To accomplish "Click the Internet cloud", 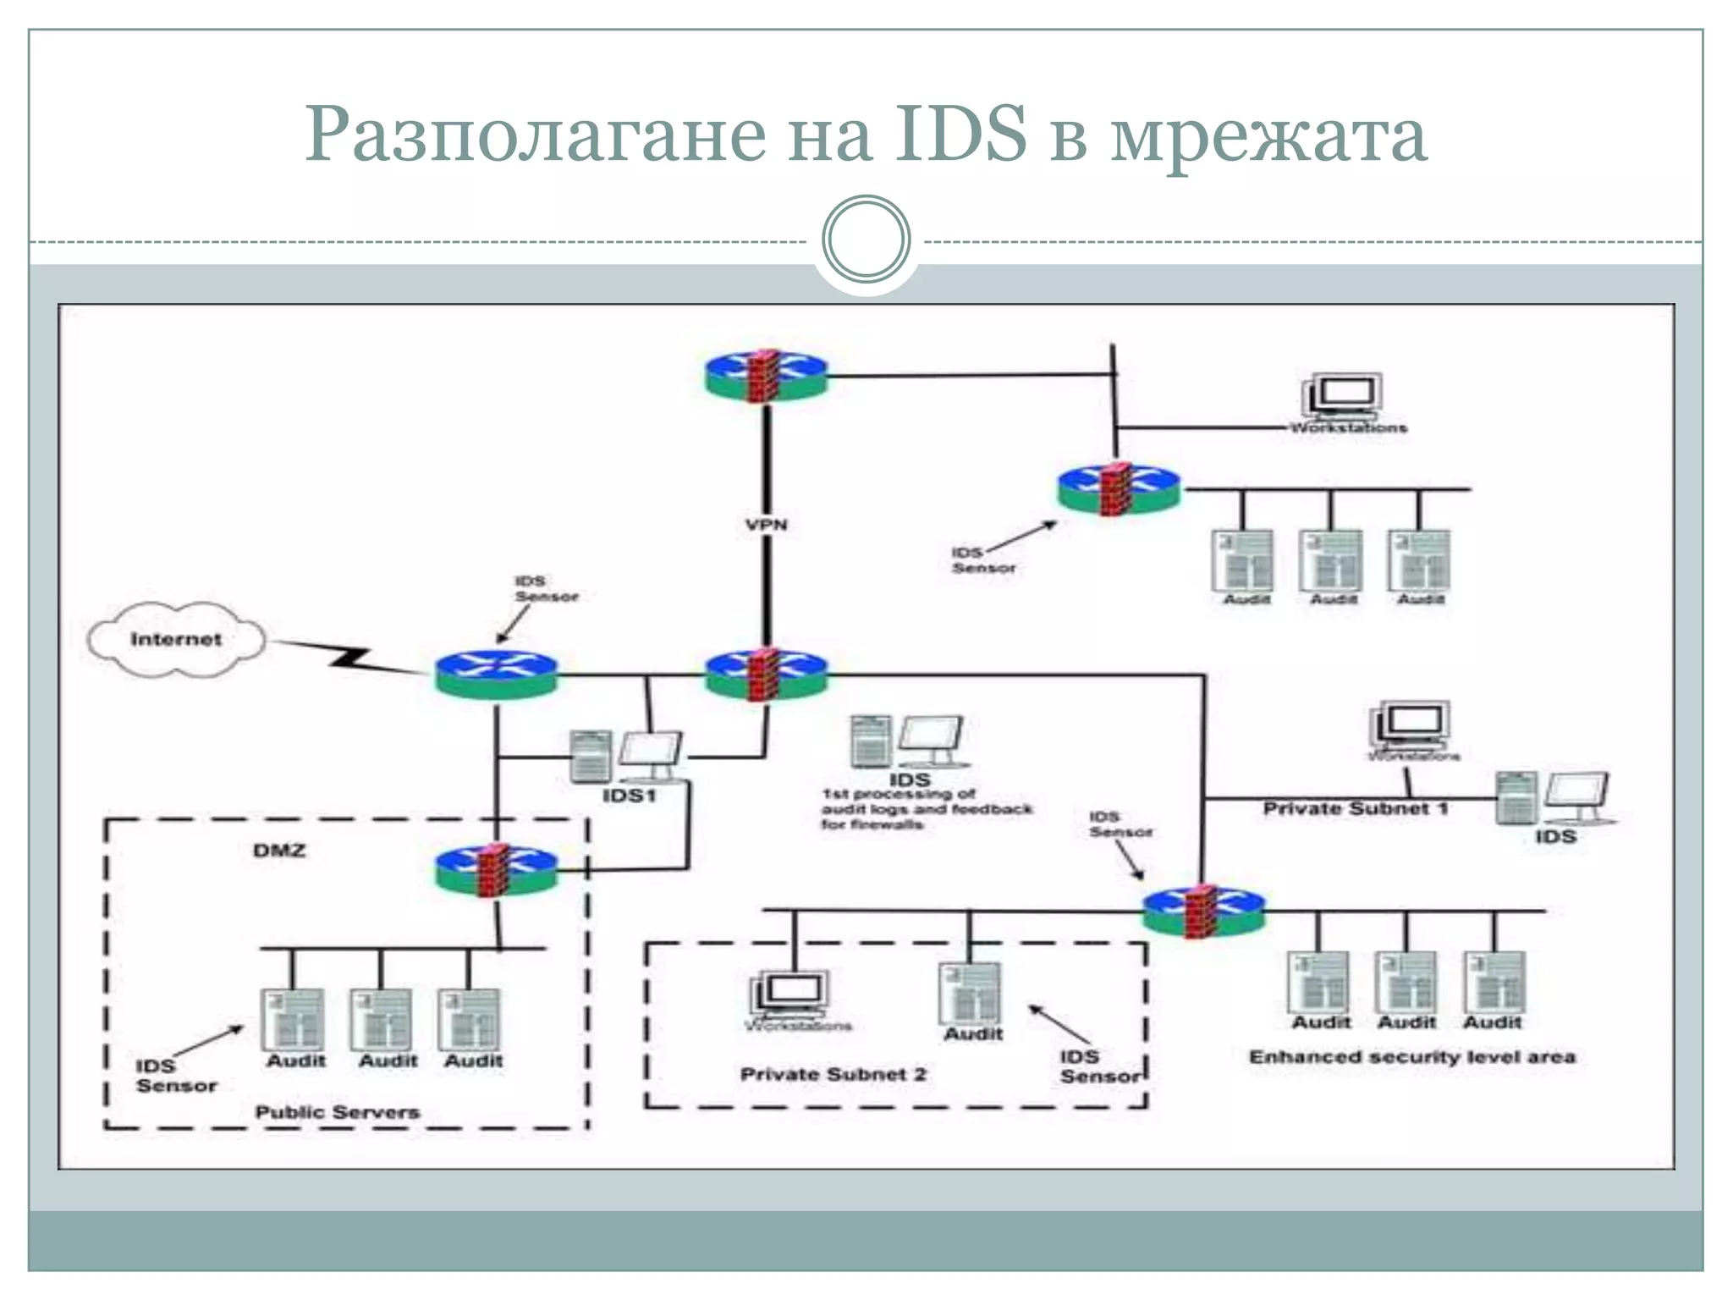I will (176, 640).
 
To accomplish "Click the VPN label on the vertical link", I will (767, 525).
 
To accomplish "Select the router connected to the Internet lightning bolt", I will (497, 675).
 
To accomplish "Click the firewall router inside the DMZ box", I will (497, 872).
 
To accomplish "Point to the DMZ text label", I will (279, 851).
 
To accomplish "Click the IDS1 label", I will (629, 796).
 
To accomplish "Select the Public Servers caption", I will (337, 1112).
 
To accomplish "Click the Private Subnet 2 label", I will (833, 1075).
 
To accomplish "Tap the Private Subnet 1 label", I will (1356, 809).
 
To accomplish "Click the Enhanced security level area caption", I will (1412, 1057).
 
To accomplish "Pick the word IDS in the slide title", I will (961, 135).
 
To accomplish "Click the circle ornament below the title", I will (866, 240).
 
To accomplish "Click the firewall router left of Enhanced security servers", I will (1203, 912).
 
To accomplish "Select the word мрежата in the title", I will (1268, 135).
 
